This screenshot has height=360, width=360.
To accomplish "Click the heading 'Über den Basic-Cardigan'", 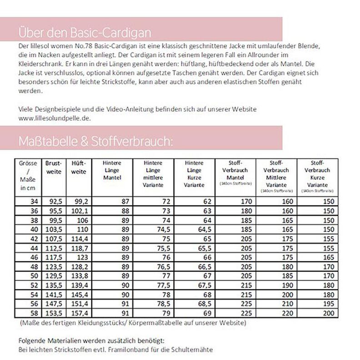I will [x=85, y=33].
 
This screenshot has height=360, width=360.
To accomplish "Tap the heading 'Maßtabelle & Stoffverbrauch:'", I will [x=95, y=141].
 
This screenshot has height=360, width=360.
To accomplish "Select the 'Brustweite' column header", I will [x=53, y=168].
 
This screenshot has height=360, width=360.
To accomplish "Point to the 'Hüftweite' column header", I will [x=79, y=168].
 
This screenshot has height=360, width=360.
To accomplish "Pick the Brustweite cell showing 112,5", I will [x=55, y=248].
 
